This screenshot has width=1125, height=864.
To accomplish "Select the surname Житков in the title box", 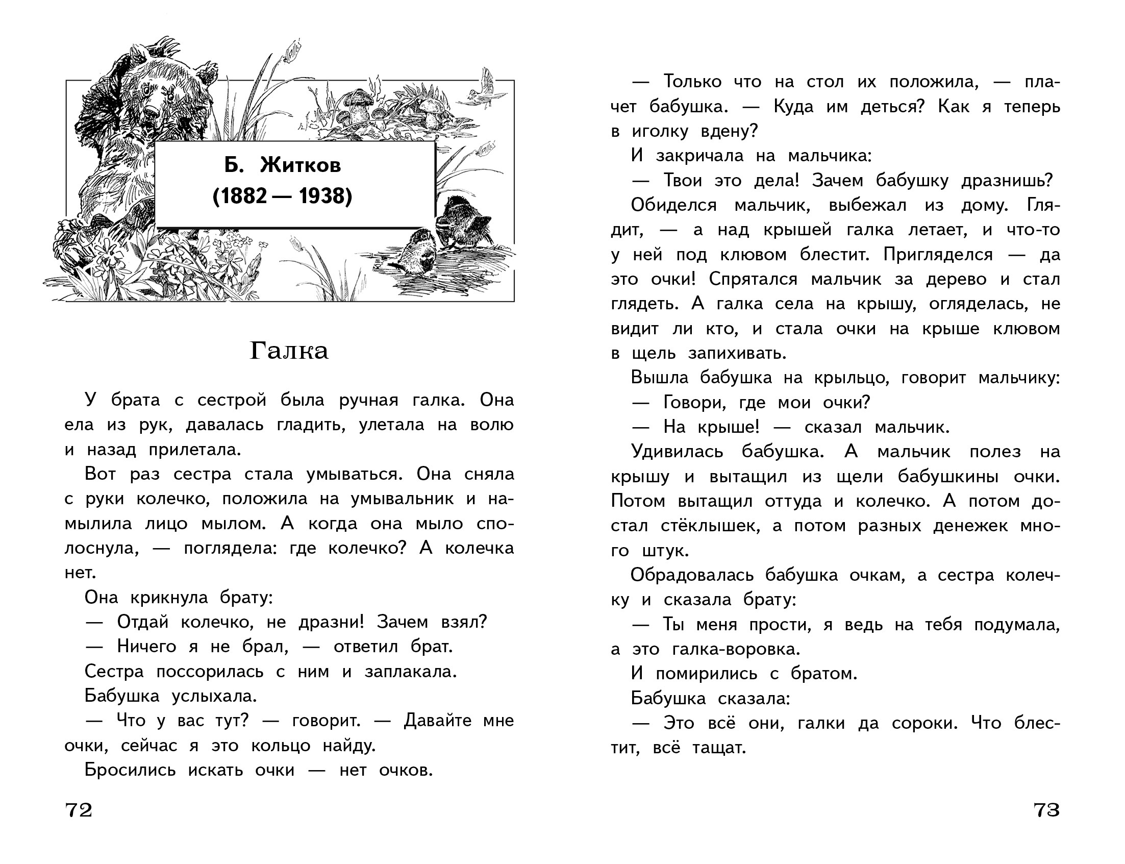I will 301,165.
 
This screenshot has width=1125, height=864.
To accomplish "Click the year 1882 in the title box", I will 240,196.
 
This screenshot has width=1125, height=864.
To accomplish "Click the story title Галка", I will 288,351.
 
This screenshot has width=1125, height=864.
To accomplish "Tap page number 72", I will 79,810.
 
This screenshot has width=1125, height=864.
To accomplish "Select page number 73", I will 1046,810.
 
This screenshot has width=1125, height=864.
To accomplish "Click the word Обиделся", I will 673,205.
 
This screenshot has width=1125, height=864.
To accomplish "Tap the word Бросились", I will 130,770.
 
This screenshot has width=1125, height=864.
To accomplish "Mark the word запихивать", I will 737,353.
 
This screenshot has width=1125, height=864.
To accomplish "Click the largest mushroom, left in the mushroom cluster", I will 358,102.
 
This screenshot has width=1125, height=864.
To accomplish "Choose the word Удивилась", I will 677,452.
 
